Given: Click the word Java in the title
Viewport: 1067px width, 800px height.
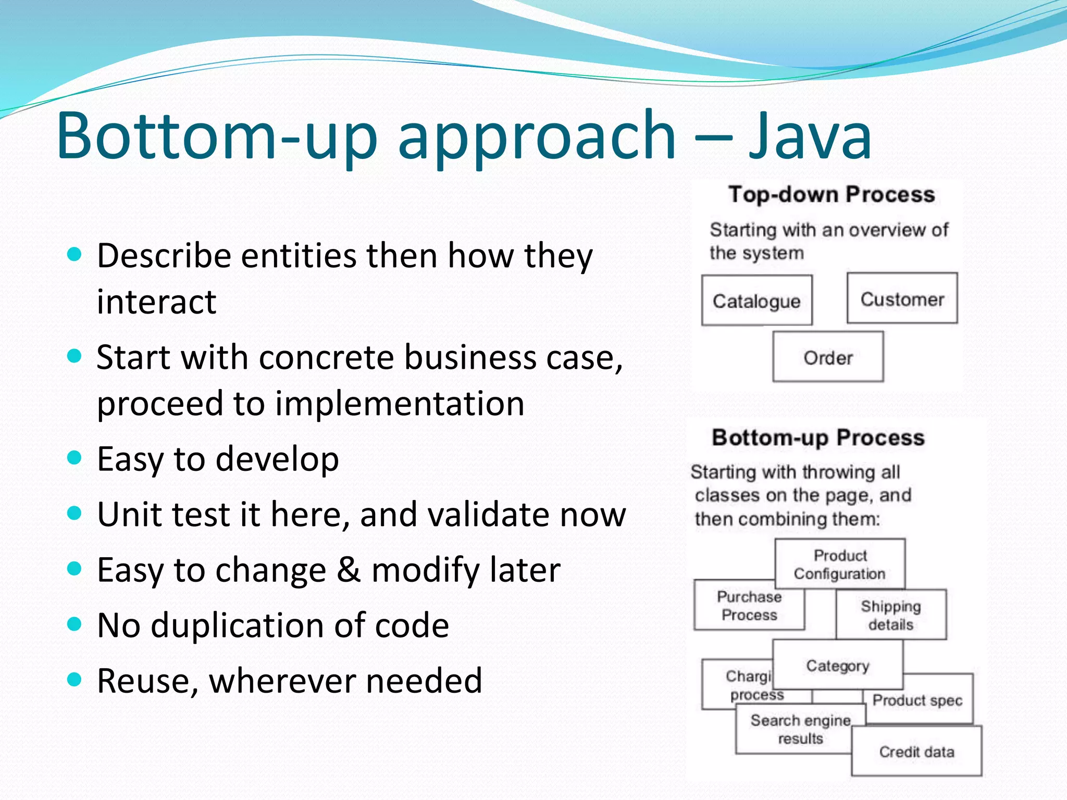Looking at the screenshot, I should [x=810, y=136].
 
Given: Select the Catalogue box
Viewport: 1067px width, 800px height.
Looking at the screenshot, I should [x=756, y=301].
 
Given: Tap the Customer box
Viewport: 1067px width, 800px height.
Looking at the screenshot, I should [x=902, y=299].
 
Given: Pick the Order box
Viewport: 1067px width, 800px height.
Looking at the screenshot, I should [x=828, y=357].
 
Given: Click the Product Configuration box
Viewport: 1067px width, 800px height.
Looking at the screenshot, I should [x=840, y=564].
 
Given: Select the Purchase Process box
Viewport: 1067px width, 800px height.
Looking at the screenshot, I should [x=749, y=606].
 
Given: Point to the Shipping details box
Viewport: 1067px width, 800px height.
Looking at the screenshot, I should [x=891, y=615].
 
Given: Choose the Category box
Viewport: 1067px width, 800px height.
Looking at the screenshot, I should [x=838, y=665].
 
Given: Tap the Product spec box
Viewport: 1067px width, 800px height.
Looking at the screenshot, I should [x=918, y=701].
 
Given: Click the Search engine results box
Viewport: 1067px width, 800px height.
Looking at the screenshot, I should [x=800, y=729].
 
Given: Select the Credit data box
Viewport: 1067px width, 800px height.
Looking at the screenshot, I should [x=916, y=752].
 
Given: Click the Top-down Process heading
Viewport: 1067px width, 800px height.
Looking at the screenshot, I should [x=832, y=194].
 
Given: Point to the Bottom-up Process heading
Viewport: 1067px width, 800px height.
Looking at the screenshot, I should [x=818, y=438].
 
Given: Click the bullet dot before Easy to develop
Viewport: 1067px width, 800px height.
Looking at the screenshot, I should [x=75, y=458].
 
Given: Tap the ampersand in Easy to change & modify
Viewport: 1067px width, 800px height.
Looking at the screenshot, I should [x=349, y=569].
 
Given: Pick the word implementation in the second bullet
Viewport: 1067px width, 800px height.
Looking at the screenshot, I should [x=400, y=403].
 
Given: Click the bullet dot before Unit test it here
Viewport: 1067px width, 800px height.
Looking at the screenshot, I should [x=75, y=514].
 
